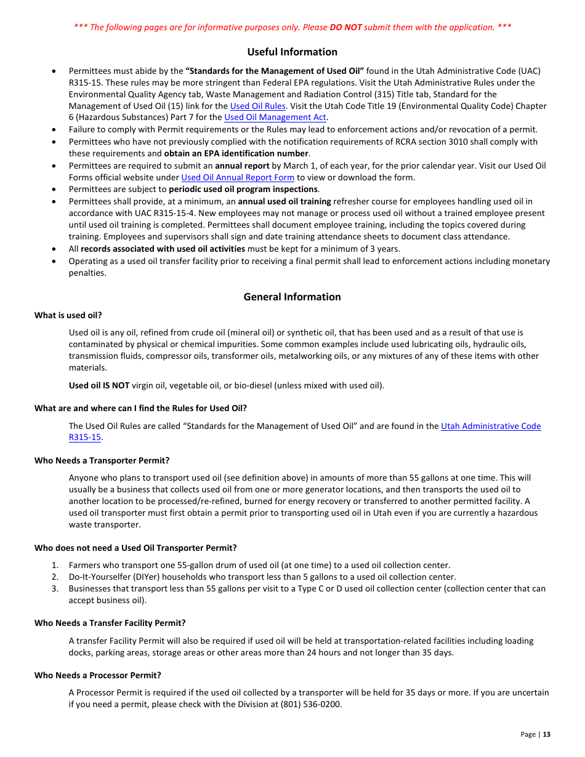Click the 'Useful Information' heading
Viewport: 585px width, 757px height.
tap(292, 52)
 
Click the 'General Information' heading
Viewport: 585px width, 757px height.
tap(292, 297)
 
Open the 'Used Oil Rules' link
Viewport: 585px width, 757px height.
tap(257, 106)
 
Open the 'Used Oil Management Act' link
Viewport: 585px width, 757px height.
tap(275, 118)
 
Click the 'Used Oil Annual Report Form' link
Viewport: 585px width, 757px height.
tap(237, 178)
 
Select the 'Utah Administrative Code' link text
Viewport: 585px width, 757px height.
tap(491, 426)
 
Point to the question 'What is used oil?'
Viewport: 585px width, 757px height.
tap(68, 315)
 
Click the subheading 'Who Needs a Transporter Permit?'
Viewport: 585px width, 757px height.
tap(102, 460)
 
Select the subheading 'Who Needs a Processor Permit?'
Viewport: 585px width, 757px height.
tap(97, 675)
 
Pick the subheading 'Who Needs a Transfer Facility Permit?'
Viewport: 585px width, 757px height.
tap(110, 623)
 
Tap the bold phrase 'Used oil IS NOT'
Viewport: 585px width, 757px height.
tap(99, 386)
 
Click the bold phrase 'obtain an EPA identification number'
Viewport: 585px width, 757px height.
tap(236, 153)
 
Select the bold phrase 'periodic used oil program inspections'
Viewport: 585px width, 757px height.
tap(243, 190)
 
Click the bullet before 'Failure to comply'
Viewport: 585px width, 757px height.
tap(55, 130)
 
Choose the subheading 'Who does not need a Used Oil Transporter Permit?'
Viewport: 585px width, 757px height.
tap(135, 548)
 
